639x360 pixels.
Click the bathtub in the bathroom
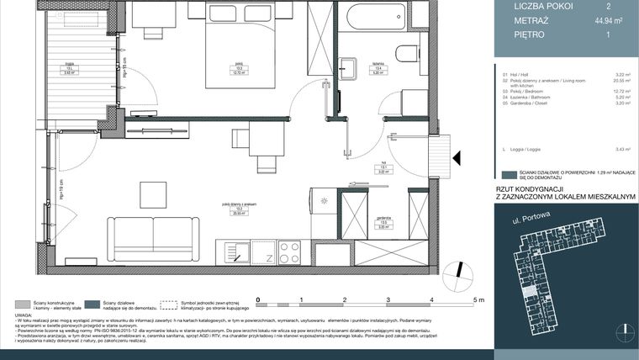(x=375, y=17)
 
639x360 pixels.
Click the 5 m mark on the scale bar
(x=478, y=299)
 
